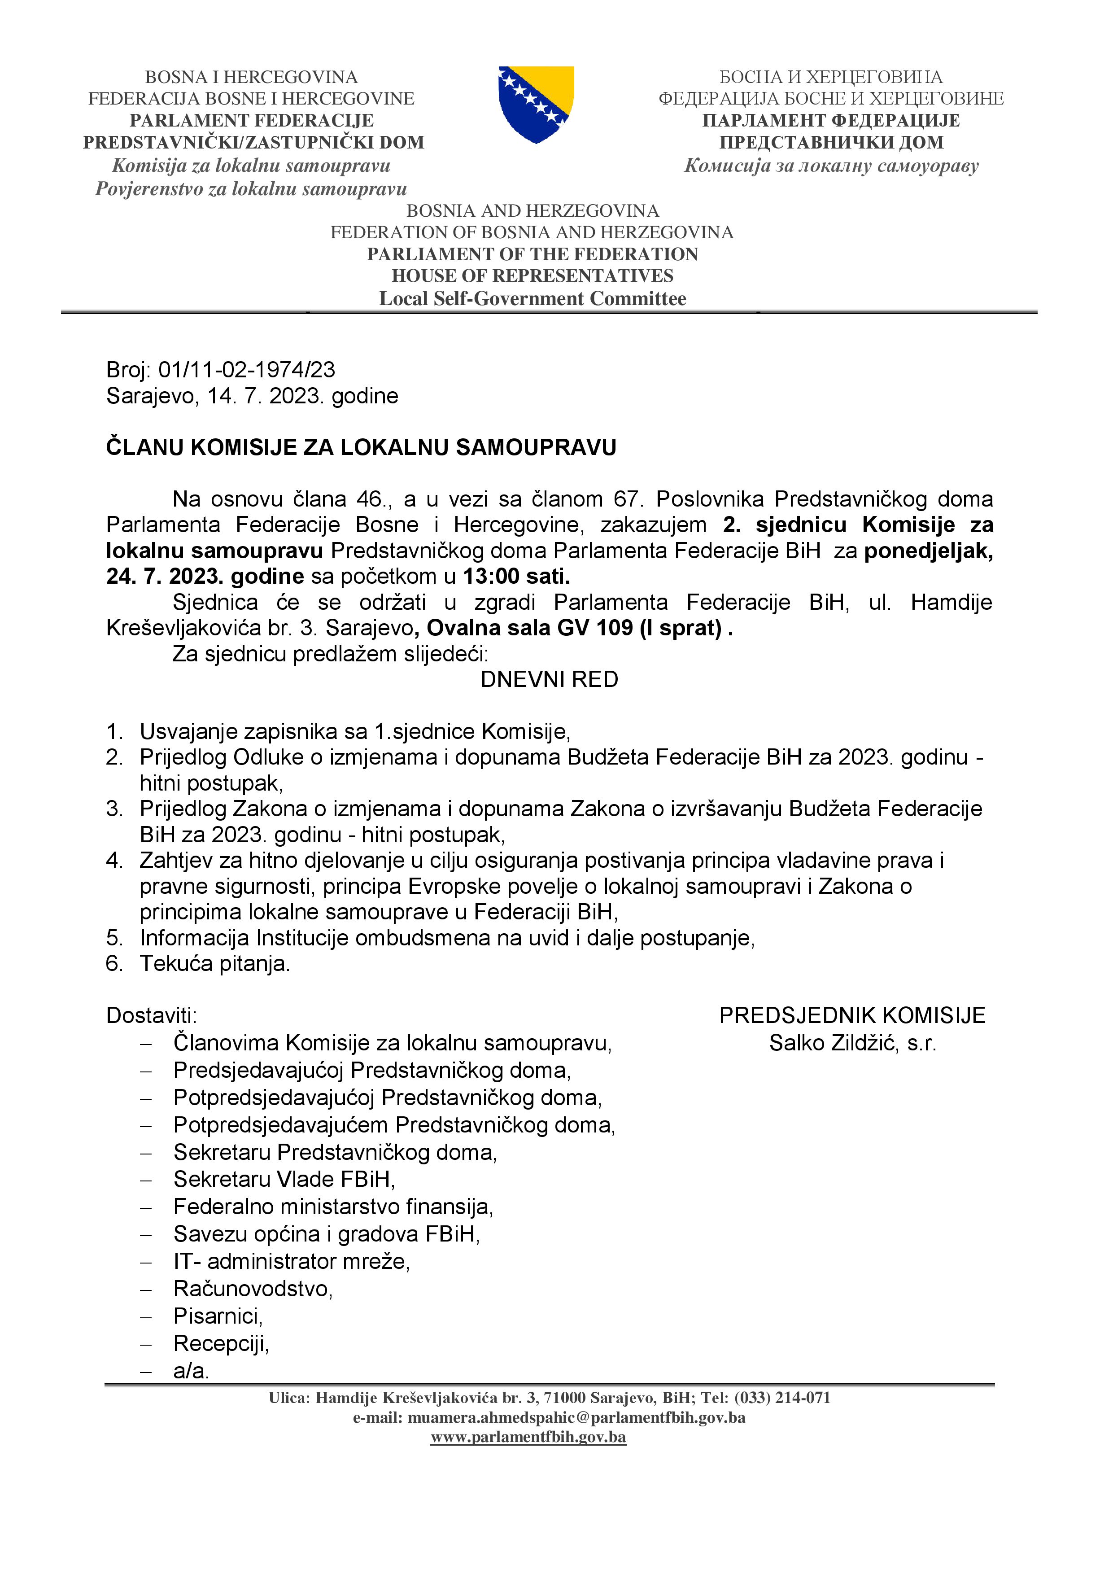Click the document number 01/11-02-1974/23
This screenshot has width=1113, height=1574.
247,370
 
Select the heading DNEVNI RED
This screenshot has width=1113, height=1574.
549,679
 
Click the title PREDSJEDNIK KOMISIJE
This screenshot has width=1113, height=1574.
852,1015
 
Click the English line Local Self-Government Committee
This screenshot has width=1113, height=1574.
532,299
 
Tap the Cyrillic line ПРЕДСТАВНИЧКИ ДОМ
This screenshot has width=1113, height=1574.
831,143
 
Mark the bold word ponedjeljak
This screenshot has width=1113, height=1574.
928,551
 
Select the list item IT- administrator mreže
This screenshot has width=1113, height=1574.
291,1261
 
